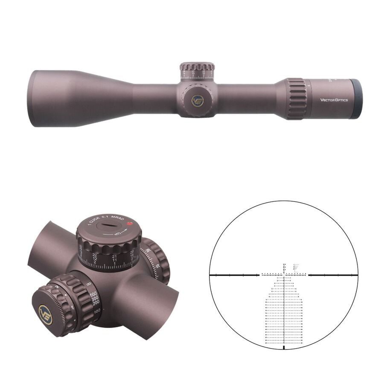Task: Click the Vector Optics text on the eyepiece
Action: (x=334, y=100)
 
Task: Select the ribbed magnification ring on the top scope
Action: (x=296, y=99)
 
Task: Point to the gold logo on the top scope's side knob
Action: (x=198, y=101)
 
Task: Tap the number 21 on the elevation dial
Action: (x=114, y=256)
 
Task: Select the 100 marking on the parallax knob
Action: (x=97, y=311)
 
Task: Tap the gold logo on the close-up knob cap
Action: (x=45, y=314)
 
